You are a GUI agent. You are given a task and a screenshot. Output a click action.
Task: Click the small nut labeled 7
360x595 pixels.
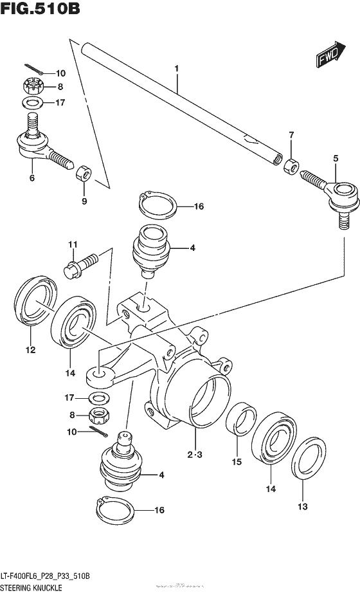coord(291,167)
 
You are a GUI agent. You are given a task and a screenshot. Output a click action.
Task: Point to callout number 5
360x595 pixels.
coord(334,158)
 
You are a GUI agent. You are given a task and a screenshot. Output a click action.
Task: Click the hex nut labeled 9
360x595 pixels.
coord(84,173)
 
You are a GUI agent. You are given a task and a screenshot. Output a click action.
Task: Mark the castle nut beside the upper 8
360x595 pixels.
coord(32,86)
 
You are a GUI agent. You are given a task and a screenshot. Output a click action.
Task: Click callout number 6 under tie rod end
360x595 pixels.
coord(31,178)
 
